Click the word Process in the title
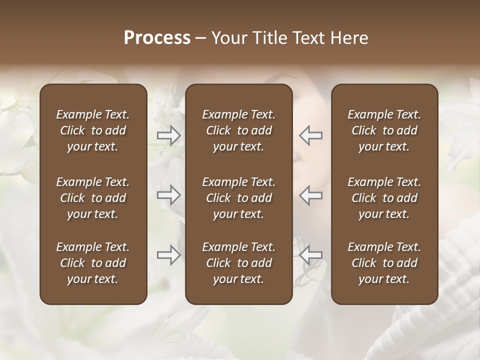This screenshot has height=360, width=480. (x=157, y=38)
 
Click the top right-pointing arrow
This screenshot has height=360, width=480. (x=169, y=135)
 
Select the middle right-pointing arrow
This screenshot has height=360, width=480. (x=169, y=195)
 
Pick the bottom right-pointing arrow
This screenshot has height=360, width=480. (x=169, y=255)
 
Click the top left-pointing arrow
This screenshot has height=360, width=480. (x=310, y=135)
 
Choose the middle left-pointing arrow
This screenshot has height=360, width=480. (x=310, y=195)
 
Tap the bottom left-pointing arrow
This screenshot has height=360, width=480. (x=310, y=255)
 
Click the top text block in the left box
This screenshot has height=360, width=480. (x=93, y=130)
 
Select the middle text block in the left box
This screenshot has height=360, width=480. (x=93, y=198)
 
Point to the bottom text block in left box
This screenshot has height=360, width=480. (x=93, y=263)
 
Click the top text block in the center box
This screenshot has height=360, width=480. (x=238, y=130)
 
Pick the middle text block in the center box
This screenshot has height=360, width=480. (x=238, y=198)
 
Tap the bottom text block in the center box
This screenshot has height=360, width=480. (x=238, y=263)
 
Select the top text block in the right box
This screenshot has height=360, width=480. (x=384, y=130)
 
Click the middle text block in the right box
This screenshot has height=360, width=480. (x=384, y=198)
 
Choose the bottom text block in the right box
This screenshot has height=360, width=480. (x=384, y=263)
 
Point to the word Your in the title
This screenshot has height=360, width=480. (x=228, y=38)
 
